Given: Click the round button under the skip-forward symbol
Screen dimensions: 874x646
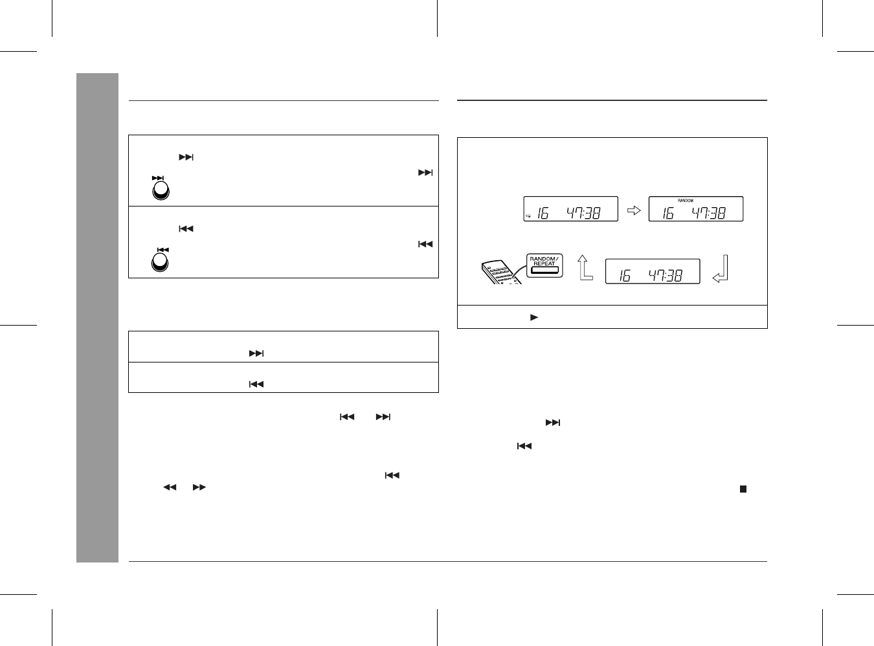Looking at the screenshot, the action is tap(161, 190).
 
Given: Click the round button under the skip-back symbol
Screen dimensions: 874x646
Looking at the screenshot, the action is tap(160, 262).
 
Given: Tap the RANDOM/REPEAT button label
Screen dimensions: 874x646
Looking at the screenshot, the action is tap(544, 261).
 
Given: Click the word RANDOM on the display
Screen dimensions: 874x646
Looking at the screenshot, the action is tap(685, 201).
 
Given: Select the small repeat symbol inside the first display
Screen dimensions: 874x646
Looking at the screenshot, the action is tap(528, 216).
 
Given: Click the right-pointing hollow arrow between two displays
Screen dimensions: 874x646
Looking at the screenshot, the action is tap(634, 210).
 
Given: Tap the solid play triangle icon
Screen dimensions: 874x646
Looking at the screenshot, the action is tap(534, 317).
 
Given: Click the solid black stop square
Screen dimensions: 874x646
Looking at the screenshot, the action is tap(743, 489).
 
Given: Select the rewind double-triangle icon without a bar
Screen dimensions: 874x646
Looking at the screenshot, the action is tap(170, 487).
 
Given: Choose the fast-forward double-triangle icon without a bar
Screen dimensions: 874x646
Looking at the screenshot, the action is tap(199, 487).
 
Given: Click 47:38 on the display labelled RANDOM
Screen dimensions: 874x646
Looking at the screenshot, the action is tap(708, 213).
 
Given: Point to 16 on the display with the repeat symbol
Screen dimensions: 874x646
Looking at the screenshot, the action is tap(543, 213).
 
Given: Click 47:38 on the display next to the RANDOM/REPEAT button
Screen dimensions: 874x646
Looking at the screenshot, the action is tap(665, 276).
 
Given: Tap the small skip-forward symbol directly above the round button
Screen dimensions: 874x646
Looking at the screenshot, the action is tap(157, 178).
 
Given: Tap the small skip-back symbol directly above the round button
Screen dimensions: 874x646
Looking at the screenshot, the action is tap(162, 250).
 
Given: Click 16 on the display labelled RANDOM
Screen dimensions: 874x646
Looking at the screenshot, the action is tap(668, 213).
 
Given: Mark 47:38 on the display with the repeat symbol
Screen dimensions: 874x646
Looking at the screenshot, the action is tap(583, 213).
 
